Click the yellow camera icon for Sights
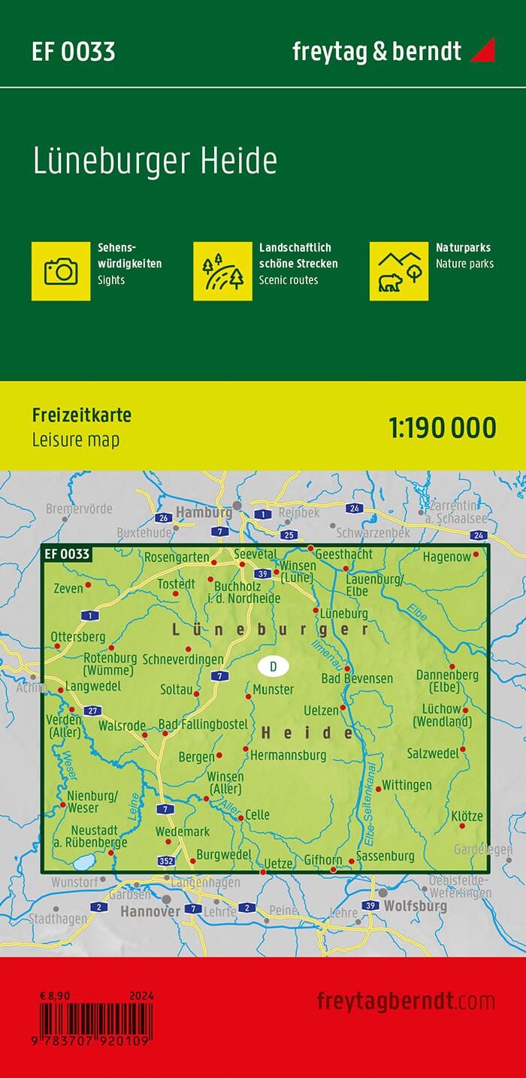(x=61, y=270)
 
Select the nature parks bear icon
(x=399, y=270)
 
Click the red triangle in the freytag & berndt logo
(x=482, y=51)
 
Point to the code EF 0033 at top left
(x=73, y=52)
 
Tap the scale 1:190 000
(x=443, y=427)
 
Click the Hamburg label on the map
(x=203, y=513)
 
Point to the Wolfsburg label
(x=416, y=906)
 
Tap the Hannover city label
(x=150, y=911)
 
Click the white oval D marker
(x=273, y=666)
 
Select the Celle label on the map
(x=257, y=815)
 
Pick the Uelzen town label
(x=321, y=710)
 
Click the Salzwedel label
(x=433, y=753)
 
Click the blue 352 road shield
(x=167, y=860)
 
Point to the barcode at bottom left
(x=95, y=1025)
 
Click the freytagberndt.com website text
(x=406, y=1001)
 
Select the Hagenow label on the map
(x=446, y=557)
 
